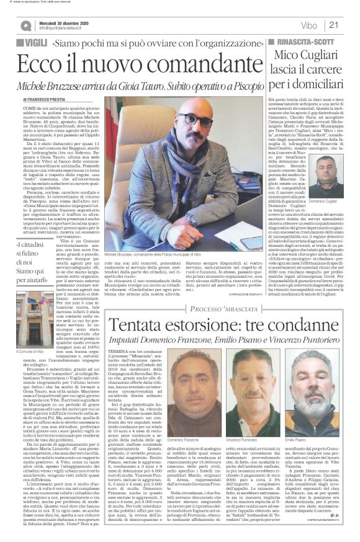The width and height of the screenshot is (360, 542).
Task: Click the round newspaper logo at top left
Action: [25, 25]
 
